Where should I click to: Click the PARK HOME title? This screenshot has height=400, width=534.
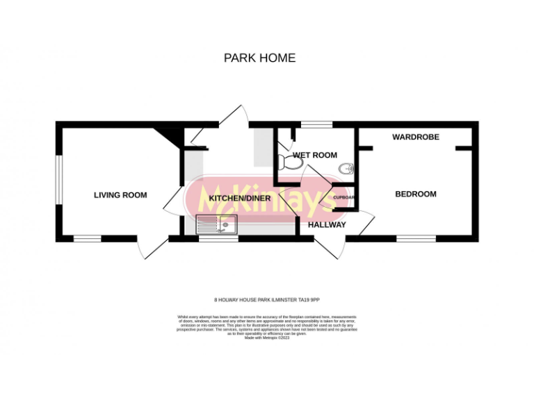(259, 58)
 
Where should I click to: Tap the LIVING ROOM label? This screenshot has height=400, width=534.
(120, 195)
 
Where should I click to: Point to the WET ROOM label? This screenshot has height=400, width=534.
(314, 155)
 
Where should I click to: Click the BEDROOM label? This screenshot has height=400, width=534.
(416, 194)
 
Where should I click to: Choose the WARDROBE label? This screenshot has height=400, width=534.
(416, 137)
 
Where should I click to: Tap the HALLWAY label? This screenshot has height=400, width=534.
(327, 224)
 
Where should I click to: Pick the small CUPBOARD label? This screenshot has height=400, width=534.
(346, 198)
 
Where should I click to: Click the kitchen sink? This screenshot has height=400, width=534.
(217, 224)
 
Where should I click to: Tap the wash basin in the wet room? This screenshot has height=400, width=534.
(347, 167)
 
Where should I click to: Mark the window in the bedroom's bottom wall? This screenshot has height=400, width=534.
(416, 239)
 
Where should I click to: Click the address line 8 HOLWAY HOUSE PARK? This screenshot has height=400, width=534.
(266, 299)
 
